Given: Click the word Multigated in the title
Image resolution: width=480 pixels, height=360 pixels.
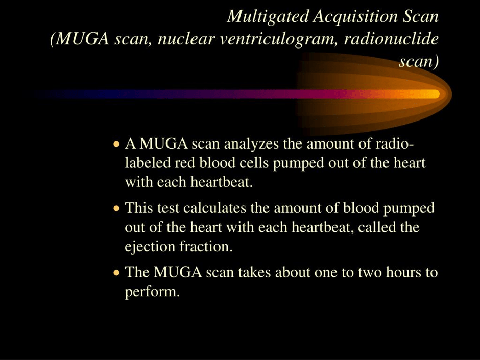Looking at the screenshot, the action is (268, 16).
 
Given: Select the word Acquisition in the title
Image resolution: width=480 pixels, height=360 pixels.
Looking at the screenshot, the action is (355, 16).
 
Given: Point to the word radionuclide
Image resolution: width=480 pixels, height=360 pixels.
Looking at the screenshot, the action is (391, 39).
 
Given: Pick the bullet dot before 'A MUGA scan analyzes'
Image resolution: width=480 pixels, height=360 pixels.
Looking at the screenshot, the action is (116, 143).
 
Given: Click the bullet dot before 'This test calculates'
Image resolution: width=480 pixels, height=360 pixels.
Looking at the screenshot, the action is (116, 208).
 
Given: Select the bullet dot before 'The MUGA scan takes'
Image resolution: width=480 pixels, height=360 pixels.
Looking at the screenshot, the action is (116, 272).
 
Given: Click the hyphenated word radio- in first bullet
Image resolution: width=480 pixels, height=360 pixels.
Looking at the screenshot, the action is (395, 143).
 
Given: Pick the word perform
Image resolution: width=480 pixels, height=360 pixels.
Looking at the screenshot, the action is (152, 292).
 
